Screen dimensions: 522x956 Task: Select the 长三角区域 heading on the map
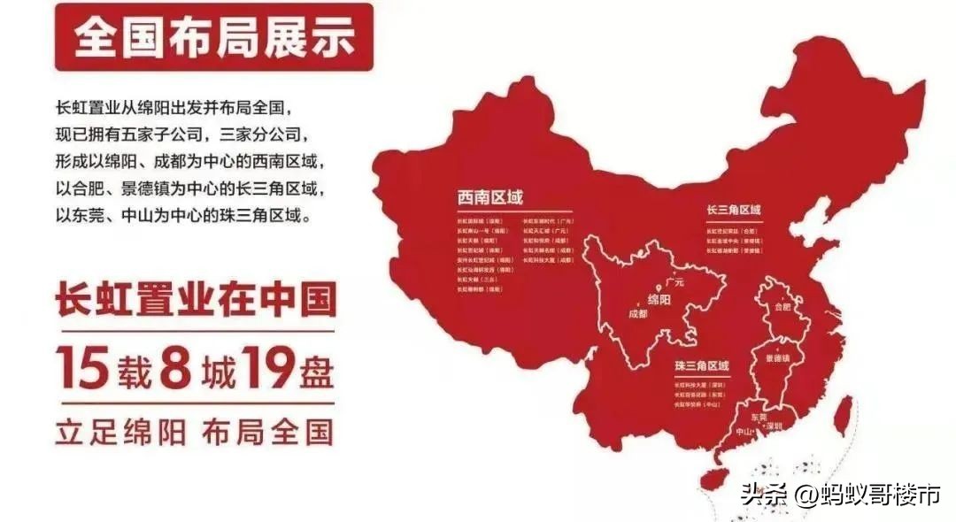pos(734,211)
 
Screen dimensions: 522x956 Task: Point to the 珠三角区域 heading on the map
pos(700,365)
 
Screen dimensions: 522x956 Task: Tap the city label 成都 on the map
pos(637,313)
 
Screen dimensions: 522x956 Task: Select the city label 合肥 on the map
pos(782,307)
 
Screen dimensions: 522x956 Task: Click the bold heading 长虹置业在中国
pos(196,299)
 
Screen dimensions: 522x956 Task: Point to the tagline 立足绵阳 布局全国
pos(194,433)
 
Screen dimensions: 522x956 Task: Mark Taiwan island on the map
pos(846,412)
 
